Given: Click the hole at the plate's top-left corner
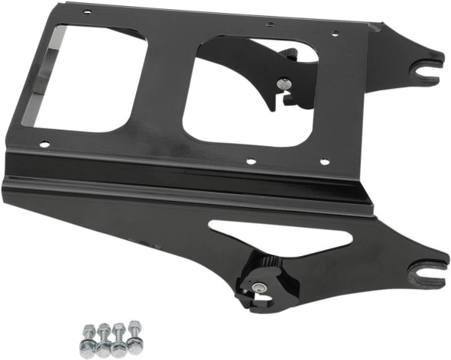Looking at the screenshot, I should click(x=86, y=12).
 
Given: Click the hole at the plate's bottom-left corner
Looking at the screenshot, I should click(x=44, y=143).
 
